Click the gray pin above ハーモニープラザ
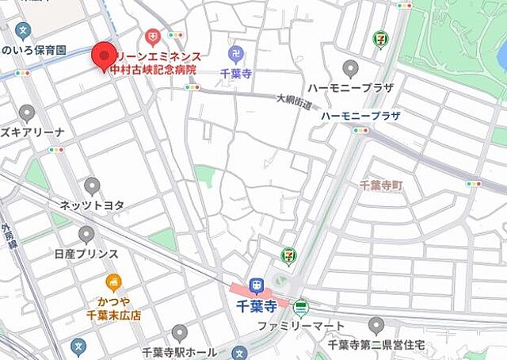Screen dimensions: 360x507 pyautogui.click(x=350, y=69)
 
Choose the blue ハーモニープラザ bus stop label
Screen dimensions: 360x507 pyautogui.click(x=360, y=116)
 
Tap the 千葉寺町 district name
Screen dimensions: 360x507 pyautogui.click(x=381, y=185)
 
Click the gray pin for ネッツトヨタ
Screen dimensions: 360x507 pyautogui.click(x=92, y=187)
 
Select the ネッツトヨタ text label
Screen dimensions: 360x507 pyautogui.click(x=92, y=205)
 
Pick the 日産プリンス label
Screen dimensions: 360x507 pyautogui.click(x=86, y=254)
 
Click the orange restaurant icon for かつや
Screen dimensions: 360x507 pyautogui.click(x=114, y=283)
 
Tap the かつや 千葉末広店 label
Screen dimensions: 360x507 pyautogui.click(x=113, y=308)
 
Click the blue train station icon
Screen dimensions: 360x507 pyautogui.click(x=256, y=285)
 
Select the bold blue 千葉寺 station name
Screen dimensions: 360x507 pyautogui.click(x=255, y=305)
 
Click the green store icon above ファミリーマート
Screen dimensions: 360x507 pyautogui.click(x=300, y=308)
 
